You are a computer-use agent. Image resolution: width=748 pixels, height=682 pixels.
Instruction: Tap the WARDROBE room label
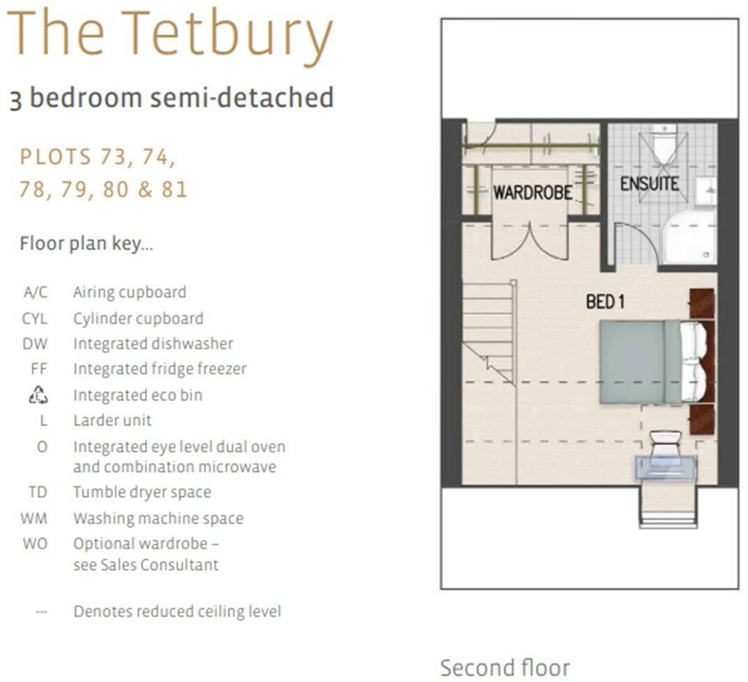pyautogui.click(x=533, y=192)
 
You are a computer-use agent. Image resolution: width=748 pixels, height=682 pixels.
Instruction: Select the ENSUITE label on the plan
pyautogui.click(x=649, y=184)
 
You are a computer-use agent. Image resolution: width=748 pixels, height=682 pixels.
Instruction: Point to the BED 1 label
pyautogui.click(x=604, y=302)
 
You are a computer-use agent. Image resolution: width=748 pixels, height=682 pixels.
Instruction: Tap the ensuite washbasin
pyautogui.click(x=707, y=191)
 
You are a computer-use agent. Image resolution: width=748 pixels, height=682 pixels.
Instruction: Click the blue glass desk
pyautogui.click(x=665, y=468)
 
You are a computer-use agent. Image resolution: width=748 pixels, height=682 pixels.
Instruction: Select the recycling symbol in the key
pyautogui.click(x=38, y=395)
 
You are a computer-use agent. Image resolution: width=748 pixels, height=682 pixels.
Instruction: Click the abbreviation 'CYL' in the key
pyautogui.click(x=35, y=319)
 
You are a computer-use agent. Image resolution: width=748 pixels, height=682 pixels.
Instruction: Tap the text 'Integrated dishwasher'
pyautogui.click(x=153, y=344)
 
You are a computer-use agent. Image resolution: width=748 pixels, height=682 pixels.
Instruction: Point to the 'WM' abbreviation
pyautogui.click(x=35, y=518)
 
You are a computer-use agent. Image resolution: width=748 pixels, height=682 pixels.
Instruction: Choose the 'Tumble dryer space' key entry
pyautogui.click(x=142, y=492)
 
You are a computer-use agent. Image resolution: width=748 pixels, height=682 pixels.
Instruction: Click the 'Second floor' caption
pyautogui.click(x=505, y=667)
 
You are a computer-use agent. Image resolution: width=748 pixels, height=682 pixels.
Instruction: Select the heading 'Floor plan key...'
pyautogui.click(x=86, y=244)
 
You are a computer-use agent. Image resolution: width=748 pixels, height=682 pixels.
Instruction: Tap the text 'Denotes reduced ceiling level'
pyautogui.click(x=177, y=612)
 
